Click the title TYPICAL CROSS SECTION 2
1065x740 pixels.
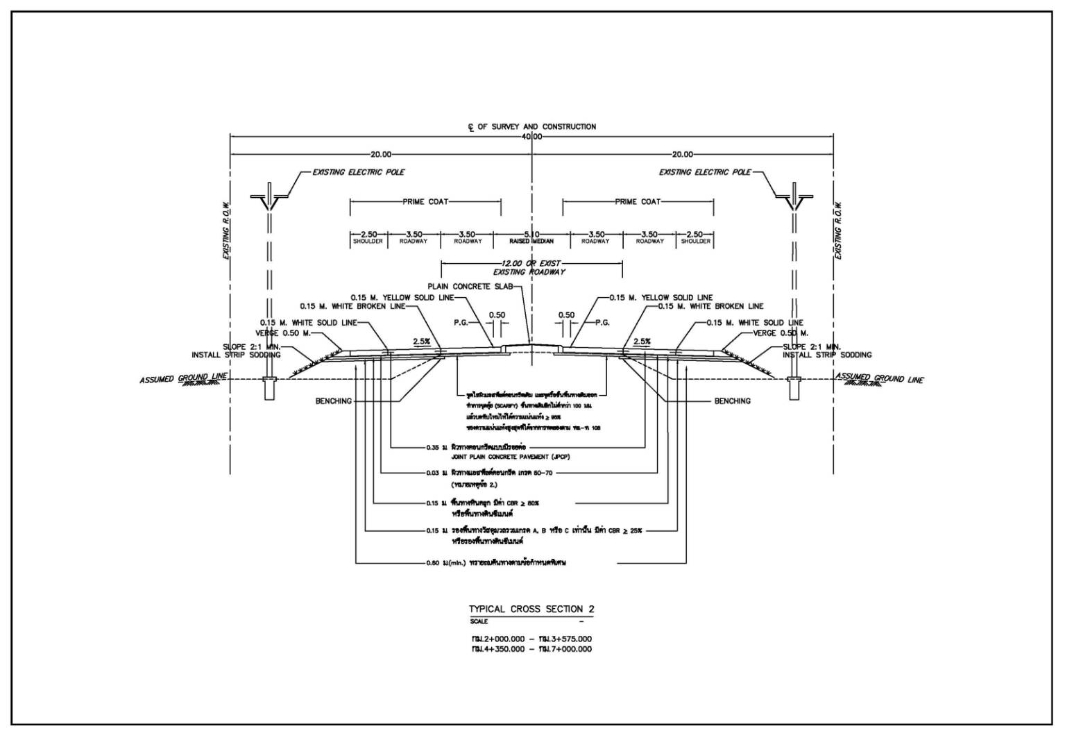tap(531, 609)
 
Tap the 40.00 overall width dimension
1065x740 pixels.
tap(531, 137)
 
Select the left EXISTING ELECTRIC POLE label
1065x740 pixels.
tap(358, 172)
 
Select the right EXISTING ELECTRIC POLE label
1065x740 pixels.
tap(705, 172)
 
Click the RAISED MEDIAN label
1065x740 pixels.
tap(531, 242)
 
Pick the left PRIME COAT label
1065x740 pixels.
tap(425, 202)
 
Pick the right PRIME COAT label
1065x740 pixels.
tap(638, 202)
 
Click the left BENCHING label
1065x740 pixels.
tap(334, 401)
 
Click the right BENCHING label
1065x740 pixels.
tap(732, 401)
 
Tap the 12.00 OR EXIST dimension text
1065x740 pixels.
tap(531, 264)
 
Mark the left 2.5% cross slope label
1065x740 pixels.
tap(422, 342)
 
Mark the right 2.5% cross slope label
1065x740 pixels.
tap(642, 342)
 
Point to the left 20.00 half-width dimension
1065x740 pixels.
tap(381, 155)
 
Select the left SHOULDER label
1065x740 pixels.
tap(368, 242)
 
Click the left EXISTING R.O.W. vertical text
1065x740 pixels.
tap(225, 230)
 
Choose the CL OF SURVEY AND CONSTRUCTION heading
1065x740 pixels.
tap(531, 127)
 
